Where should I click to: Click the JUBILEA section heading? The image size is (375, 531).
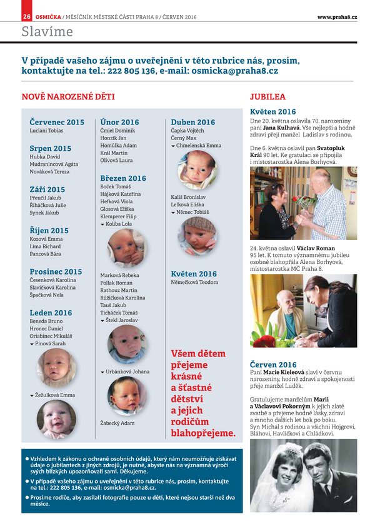coord(267,97)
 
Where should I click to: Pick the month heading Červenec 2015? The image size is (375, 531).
coord(57,122)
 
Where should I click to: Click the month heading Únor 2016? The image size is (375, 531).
coord(119,122)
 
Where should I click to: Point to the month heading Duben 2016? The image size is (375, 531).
coord(192,122)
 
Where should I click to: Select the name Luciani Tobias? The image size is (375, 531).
coord(46,131)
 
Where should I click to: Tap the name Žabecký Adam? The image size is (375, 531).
coord(117,423)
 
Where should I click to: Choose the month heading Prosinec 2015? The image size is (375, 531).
coord(56,271)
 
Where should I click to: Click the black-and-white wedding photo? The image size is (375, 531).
coord(303,475)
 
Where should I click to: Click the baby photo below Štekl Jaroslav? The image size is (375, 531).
coord(127,344)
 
